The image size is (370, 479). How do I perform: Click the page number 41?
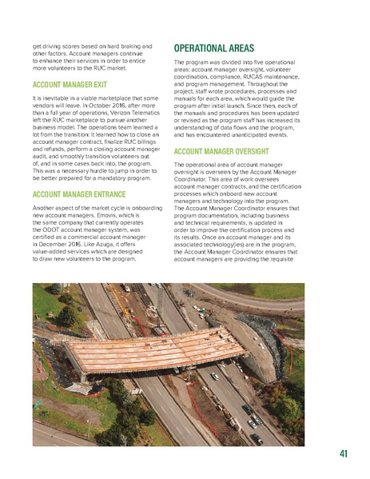click(343, 455)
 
